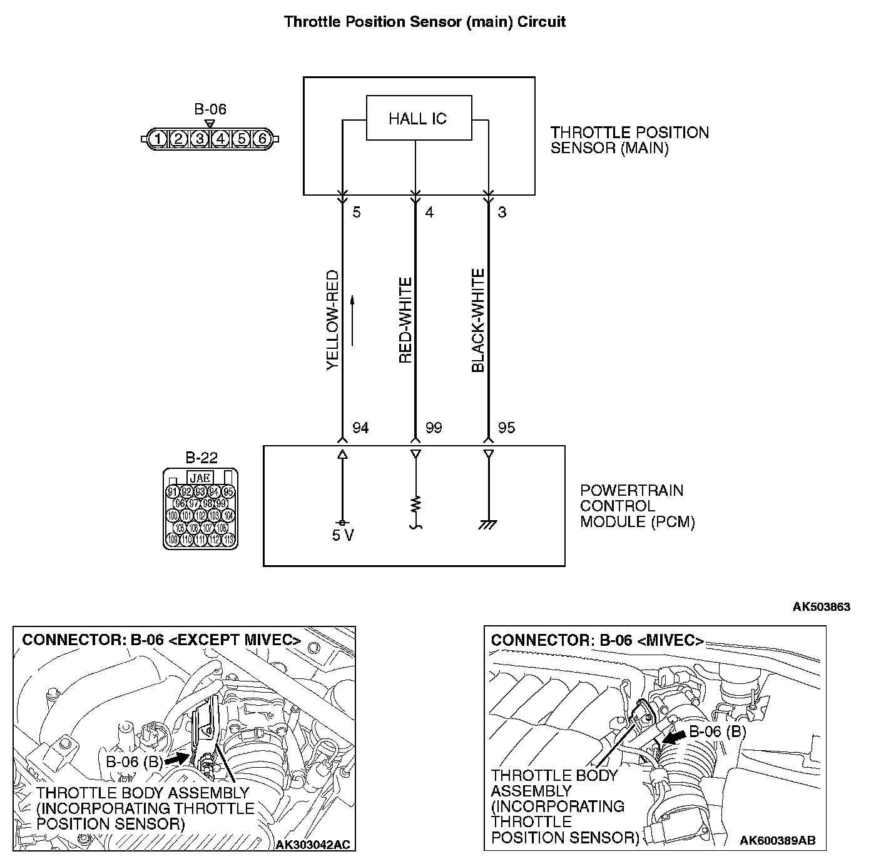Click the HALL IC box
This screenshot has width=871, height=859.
click(x=419, y=118)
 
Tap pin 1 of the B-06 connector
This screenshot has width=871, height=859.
click(x=158, y=139)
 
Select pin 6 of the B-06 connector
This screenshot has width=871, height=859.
click(x=262, y=139)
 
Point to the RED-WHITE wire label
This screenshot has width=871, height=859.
click(x=405, y=321)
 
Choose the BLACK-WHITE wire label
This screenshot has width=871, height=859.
click(x=478, y=320)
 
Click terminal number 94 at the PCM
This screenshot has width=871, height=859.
click(x=360, y=428)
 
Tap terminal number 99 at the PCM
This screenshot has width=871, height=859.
click(x=433, y=428)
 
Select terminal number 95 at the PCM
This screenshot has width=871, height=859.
click(x=506, y=428)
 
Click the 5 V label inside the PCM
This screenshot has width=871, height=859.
click(x=343, y=536)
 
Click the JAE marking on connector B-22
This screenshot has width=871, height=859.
click(x=200, y=478)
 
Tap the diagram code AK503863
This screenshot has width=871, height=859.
click(x=821, y=606)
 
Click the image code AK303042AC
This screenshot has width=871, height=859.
click(x=313, y=845)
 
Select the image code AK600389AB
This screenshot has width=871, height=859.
click(x=777, y=840)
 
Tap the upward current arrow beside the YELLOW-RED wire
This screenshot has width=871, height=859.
click(x=353, y=319)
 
